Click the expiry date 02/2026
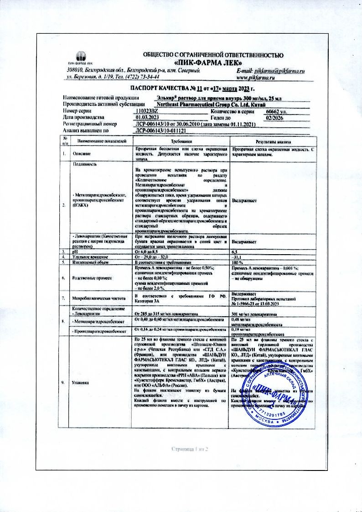tap(274, 117)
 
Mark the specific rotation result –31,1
tap(237, 257)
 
